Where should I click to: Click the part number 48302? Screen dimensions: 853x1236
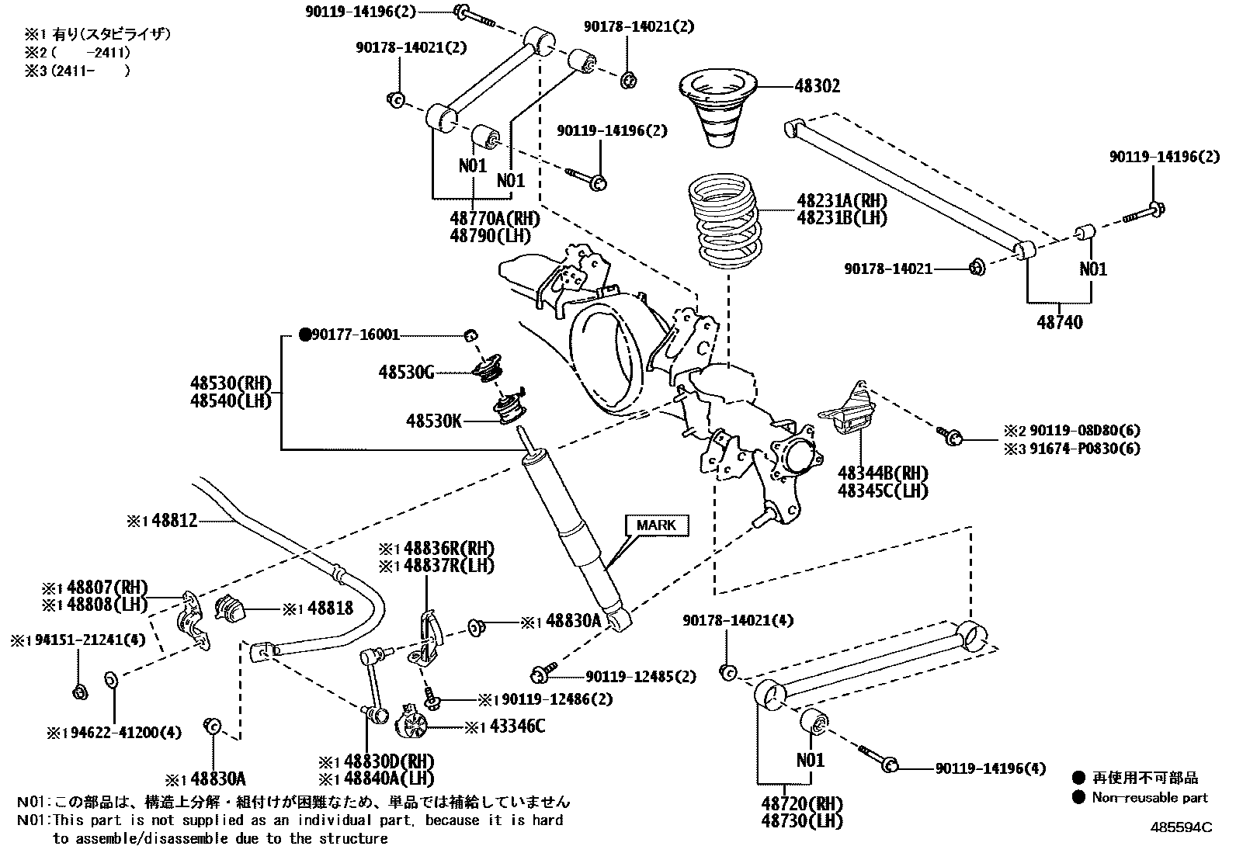tap(817, 87)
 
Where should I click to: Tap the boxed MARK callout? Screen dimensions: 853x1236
tap(656, 525)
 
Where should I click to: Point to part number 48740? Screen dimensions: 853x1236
tap(1060, 321)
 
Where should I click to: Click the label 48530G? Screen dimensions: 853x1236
tap(406, 373)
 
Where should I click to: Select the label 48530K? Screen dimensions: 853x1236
tap(433, 421)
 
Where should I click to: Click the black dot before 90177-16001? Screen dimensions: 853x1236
tap(305, 335)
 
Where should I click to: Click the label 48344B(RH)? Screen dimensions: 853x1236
tap(883, 473)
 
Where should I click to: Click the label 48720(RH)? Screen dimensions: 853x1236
tap(802, 803)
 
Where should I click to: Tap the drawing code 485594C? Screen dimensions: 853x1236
tap(1181, 827)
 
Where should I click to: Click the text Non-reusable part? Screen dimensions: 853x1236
tap(1149, 797)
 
